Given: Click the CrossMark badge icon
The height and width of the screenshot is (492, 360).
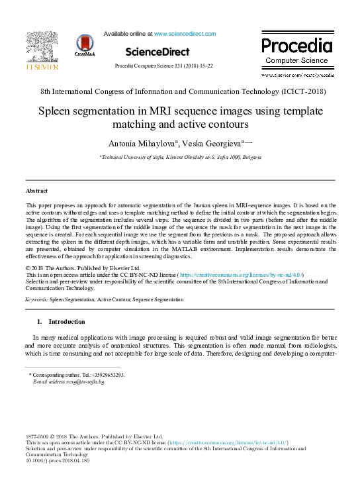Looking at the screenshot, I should point(85,45).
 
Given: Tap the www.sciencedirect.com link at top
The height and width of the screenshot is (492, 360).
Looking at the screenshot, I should point(185,34).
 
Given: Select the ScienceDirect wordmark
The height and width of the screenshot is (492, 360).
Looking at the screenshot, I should point(157,52).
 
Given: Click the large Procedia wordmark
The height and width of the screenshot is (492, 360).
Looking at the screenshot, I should point(296,46).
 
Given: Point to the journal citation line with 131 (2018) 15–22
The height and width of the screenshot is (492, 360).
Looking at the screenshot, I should point(164,66).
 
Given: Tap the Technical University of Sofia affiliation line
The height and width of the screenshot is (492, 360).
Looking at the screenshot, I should point(179,158).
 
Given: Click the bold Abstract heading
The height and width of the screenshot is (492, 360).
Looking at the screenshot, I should point(36,191).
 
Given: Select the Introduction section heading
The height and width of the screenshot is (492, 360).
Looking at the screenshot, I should point(66,322).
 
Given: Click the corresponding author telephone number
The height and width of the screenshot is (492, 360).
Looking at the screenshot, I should point(109,375).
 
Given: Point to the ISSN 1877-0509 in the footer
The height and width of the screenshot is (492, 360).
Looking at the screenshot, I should point(38,437).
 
